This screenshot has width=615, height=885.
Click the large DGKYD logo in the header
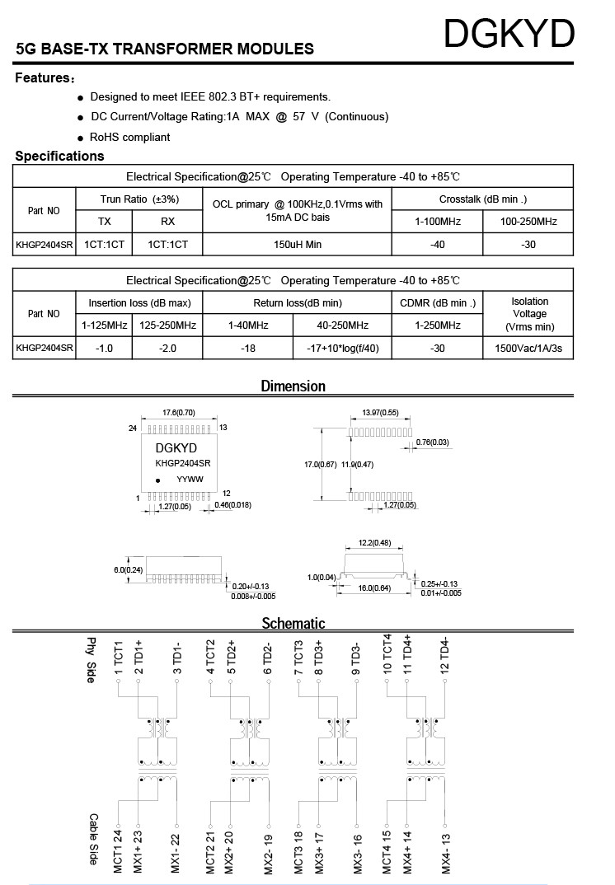pos(508,35)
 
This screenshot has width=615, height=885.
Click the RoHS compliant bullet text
pos(130,137)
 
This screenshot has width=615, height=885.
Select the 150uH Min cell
pos(297,245)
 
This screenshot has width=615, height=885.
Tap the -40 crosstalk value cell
pos(438,245)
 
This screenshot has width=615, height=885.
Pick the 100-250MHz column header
pos(528,222)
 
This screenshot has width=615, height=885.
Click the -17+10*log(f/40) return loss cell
pos(341,349)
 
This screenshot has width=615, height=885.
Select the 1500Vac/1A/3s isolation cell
pos(528,349)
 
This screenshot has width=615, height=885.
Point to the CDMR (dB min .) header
pos(438,302)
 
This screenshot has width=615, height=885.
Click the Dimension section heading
pos(293,386)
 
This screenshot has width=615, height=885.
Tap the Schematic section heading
pos(293,623)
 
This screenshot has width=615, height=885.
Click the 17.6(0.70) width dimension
pos(178,412)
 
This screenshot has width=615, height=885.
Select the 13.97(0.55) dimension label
pos(380,412)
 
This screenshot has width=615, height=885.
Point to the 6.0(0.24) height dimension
pos(128,569)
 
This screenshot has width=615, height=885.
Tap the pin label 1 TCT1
pos(119,660)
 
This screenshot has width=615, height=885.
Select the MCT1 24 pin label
pos(119,852)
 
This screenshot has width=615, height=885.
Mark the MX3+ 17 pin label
pos(318,852)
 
